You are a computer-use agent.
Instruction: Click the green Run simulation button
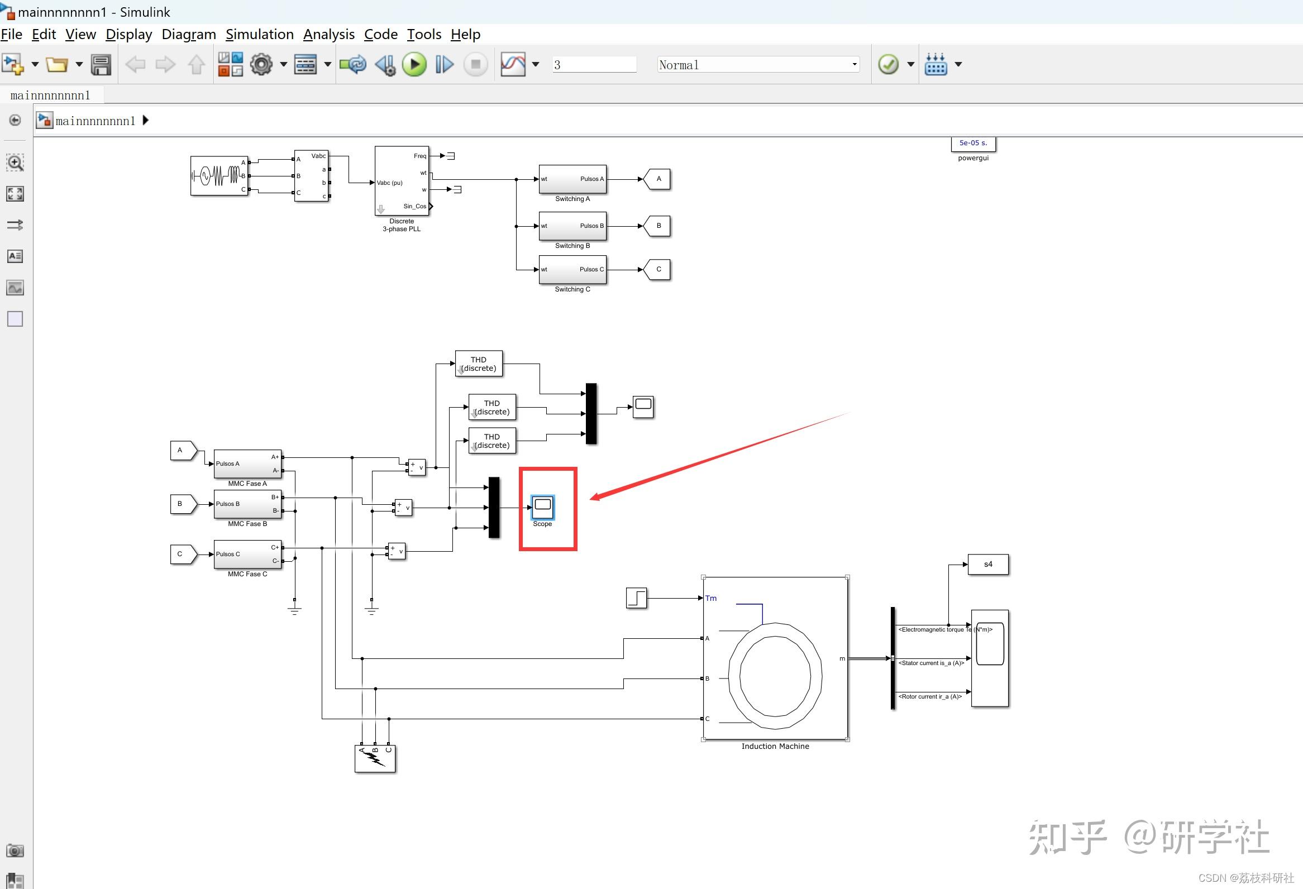point(414,64)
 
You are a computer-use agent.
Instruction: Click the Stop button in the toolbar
point(475,64)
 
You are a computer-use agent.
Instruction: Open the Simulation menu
point(259,35)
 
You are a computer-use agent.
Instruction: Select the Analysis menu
point(328,35)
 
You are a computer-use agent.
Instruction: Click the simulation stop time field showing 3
point(593,65)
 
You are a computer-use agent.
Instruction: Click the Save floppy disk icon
point(101,65)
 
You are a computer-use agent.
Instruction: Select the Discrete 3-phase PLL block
point(402,181)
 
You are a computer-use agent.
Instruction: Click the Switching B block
point(572,226)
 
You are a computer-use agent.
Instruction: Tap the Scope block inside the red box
point(542,506)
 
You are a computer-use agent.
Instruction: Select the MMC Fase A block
point(247,463)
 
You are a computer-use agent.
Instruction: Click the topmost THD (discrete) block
point(478,364)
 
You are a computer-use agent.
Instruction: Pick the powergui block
point(973,144)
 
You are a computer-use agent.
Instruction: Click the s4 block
point(988,565)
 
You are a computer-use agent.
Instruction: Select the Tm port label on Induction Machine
point(711,598)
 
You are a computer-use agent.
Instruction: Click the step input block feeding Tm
point(636,598)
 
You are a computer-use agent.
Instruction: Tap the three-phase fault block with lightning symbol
point(375,758)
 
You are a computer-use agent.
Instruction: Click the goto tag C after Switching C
point(657,270)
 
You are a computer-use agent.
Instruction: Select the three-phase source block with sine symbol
point(219,176)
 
